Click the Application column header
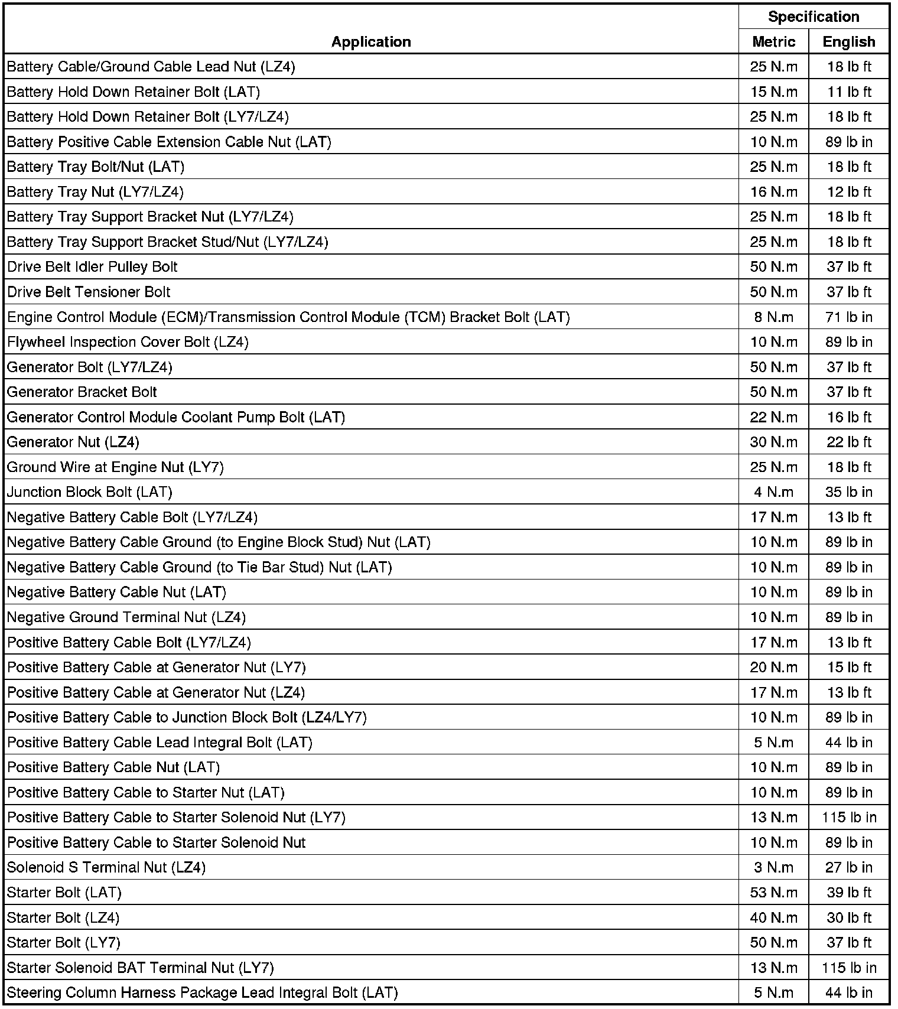pos(371,42)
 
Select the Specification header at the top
pos(814,17)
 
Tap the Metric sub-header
pos(773,42)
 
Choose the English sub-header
pos(849,42)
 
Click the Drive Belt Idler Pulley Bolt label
pos(92,267)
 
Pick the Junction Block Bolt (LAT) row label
pos(89,492)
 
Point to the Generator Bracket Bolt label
pos(82,392)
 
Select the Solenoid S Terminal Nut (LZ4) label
pos(106,868)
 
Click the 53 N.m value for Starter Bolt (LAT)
pos(773,893)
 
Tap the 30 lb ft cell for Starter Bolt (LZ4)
pos(849,918)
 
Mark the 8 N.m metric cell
pos(773,317)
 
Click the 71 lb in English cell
pos(849,317)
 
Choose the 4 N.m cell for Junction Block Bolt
pos(773,492)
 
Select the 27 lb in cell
pos(849,868)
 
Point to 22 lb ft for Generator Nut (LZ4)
pos(849,442)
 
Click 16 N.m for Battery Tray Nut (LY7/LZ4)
pos(773,192)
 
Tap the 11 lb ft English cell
pos(849,92)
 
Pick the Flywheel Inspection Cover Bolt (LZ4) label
pos(128,342)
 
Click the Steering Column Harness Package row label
pos(202,993)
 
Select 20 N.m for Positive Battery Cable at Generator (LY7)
pos(773,668)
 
